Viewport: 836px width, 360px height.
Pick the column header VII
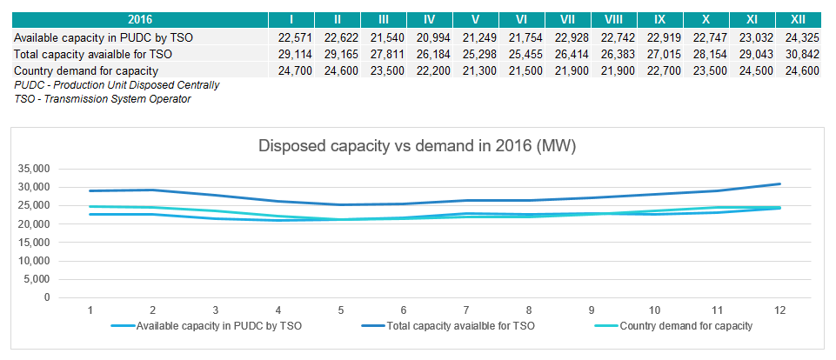566,19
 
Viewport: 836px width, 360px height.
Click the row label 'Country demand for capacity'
86,70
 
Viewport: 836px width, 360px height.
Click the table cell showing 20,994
428,37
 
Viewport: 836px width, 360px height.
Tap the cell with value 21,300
474,70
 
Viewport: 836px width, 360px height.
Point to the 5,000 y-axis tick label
38,279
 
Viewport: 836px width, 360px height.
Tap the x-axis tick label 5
341,310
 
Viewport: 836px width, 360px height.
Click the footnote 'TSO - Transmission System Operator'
103,99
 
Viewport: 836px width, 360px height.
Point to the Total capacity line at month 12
779,184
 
